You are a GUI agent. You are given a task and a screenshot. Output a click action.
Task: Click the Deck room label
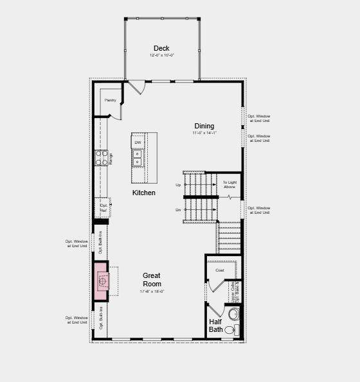(x=161, y=48)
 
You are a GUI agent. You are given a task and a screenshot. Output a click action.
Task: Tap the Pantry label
(x=111, y=100)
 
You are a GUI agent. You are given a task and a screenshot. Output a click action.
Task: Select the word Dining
(x=204, y=126)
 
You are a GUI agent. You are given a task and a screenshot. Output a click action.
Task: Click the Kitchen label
(x=144, y=193)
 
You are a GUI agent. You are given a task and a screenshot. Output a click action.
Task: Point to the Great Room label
(x=152, y=279)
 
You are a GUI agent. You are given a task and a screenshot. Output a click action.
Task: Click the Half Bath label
(x=215, y=326)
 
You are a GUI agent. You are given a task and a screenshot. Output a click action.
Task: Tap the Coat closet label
(x=220, y=270)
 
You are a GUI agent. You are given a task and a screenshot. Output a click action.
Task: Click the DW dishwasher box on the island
(x=138, y=143)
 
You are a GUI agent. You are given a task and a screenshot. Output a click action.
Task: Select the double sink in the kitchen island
(x=138, y=158)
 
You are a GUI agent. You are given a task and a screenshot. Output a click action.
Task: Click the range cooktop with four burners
(x=102, y=158)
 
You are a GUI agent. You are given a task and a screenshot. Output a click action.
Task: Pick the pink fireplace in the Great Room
(x=102, y=279)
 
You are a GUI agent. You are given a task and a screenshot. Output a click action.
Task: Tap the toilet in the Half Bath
(x=234, y=314)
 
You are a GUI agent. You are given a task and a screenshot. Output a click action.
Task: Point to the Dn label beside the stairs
(x=178, y=209)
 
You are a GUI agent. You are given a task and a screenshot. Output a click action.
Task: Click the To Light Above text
(x=230, y=184)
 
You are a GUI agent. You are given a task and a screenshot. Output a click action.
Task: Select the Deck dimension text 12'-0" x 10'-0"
(x=161, y=56)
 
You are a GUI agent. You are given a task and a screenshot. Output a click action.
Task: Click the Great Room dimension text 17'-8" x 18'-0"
(x=152, y=291)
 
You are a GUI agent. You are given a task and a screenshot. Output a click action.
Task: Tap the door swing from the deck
(x=137, y=87)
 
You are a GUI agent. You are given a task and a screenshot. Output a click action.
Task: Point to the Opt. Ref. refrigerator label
(x=103, y=207)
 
